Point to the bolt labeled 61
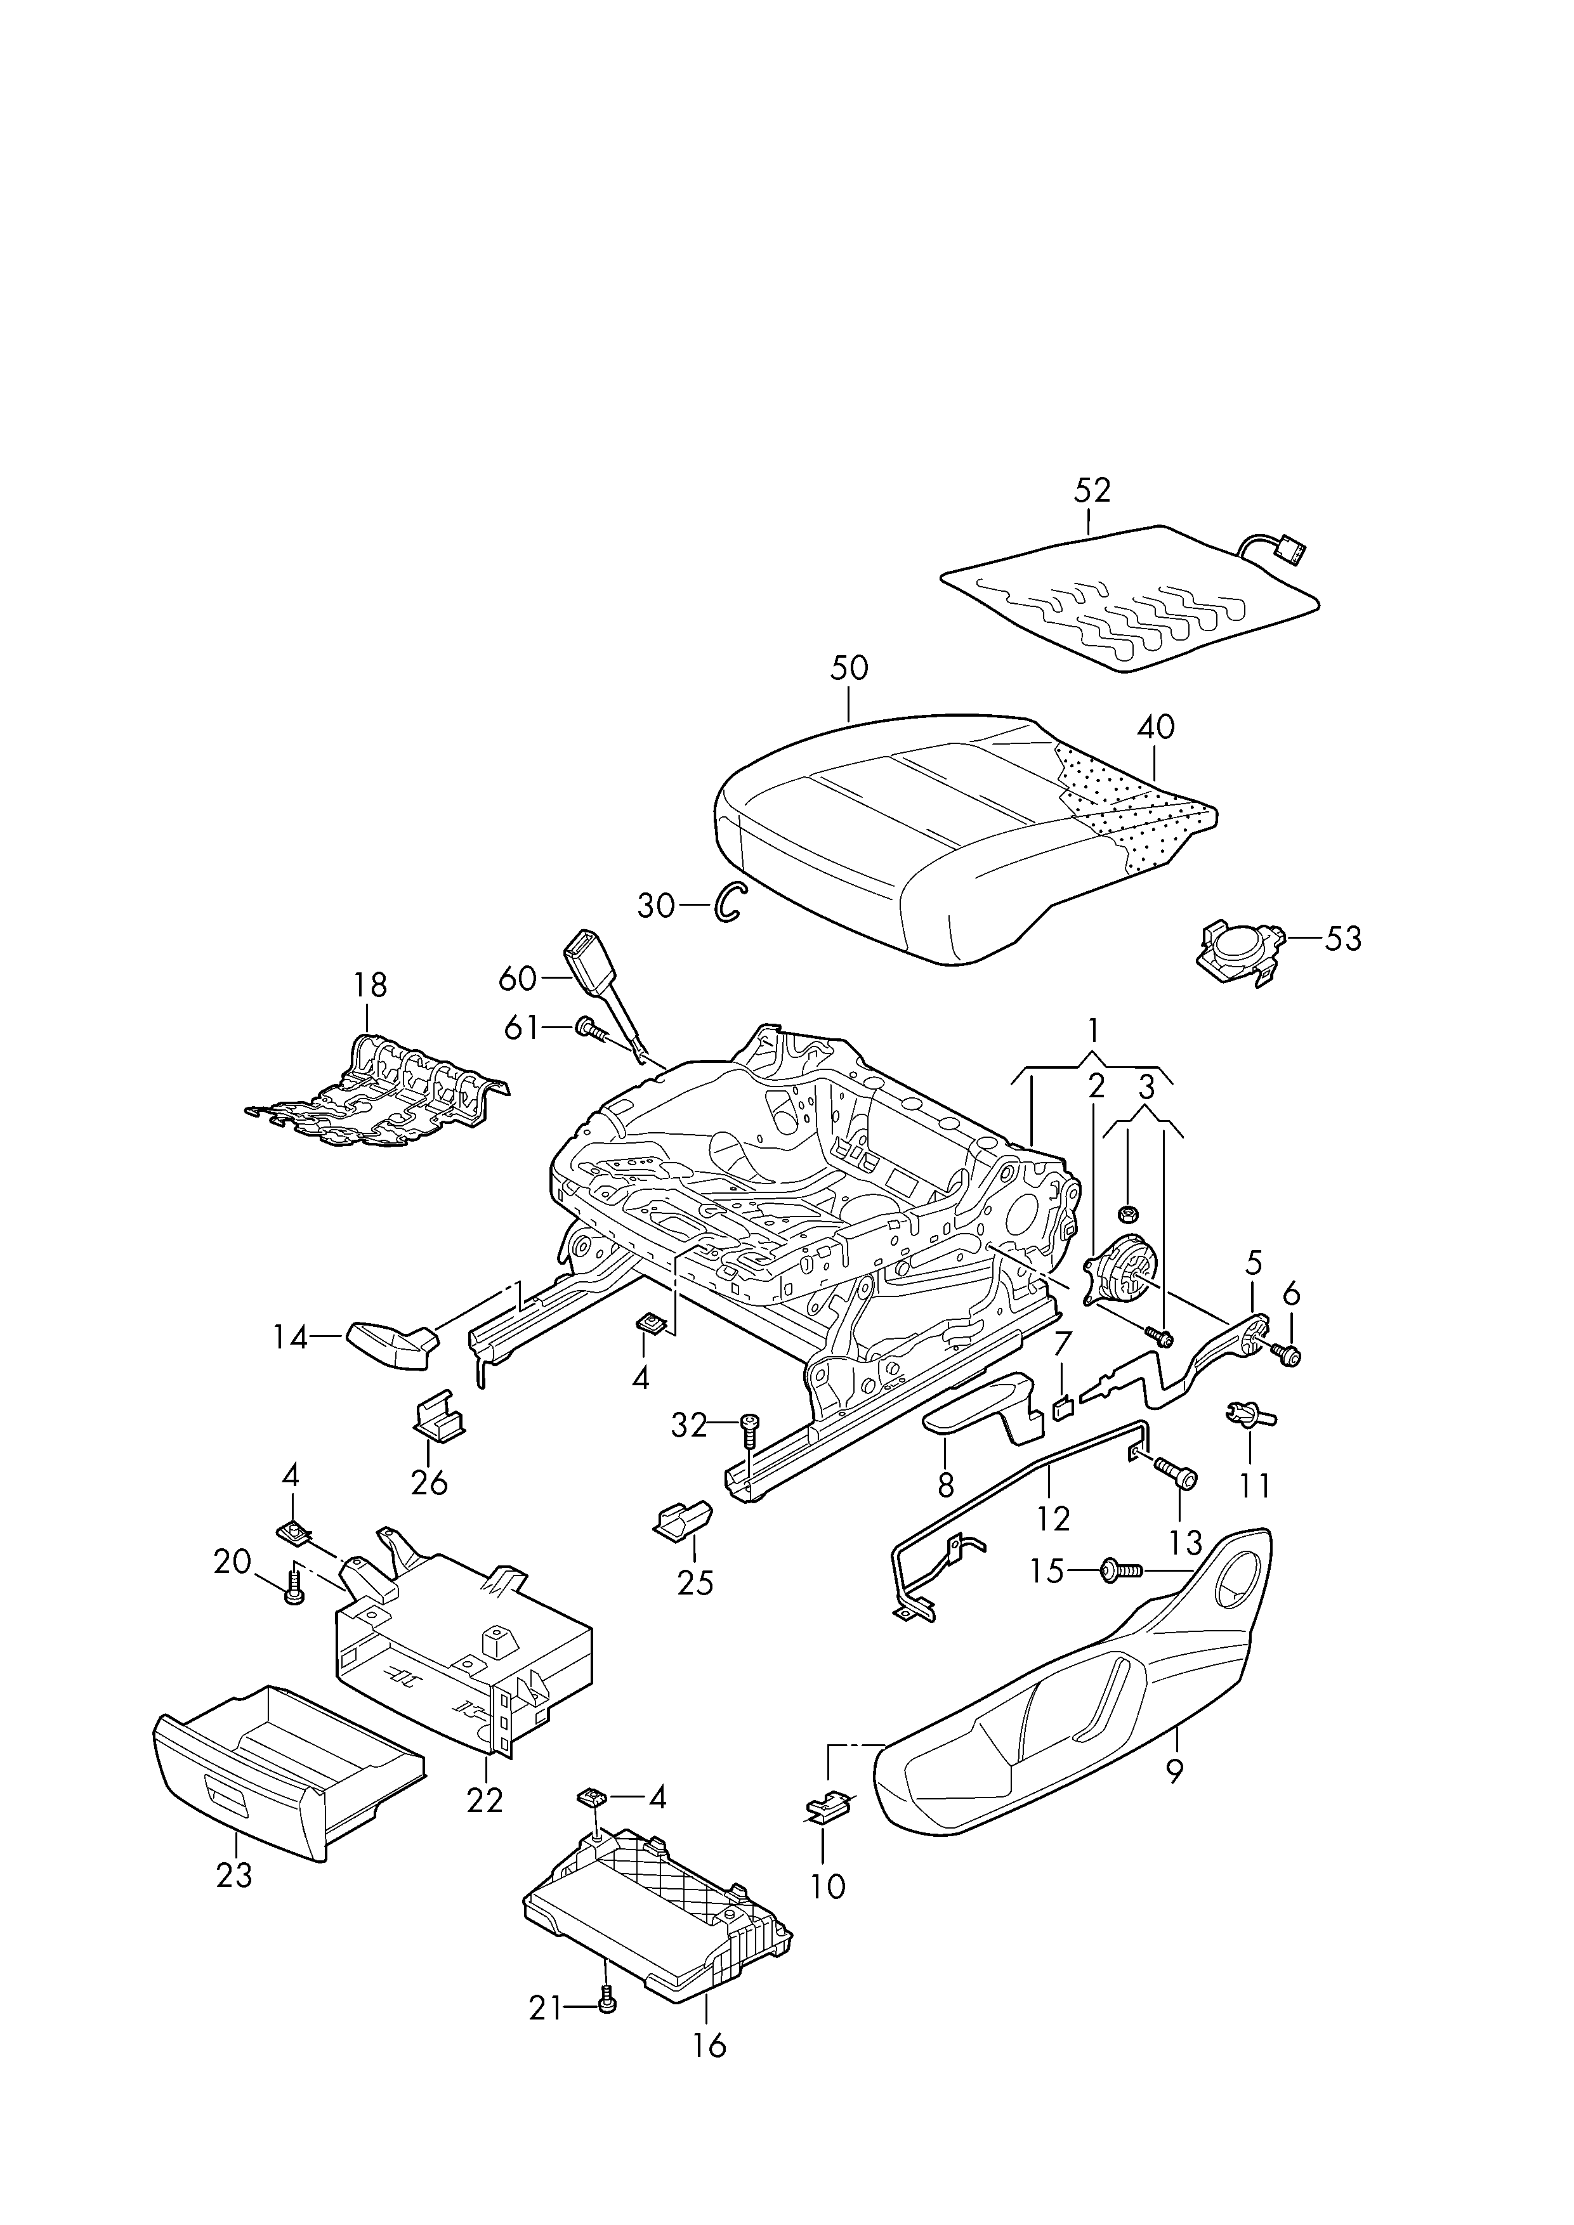[591, 1029]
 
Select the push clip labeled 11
[1250, 1418]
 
